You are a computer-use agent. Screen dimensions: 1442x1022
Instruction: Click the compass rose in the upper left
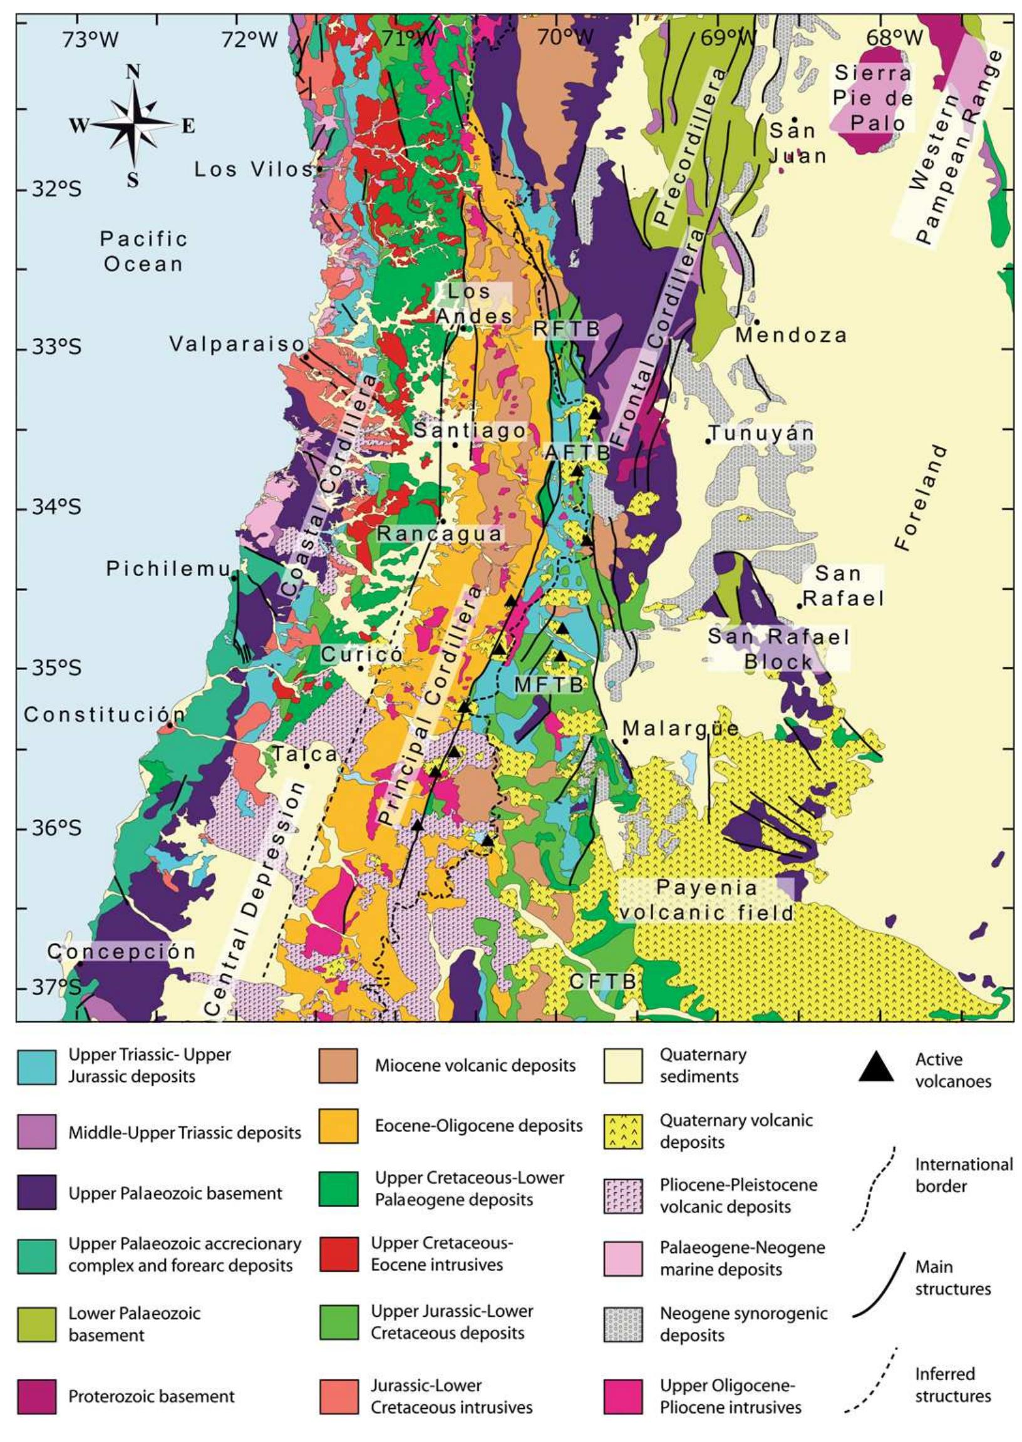pos(133,125)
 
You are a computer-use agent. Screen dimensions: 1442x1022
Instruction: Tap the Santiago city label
pos(470,430)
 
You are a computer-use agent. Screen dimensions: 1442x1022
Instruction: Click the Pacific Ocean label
pos(144,251)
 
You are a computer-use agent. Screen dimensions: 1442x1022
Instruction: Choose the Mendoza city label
pos(791,335)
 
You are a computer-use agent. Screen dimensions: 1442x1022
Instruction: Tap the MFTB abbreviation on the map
pos(549,684)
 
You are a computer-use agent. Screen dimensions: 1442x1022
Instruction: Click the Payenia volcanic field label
pos(708,900)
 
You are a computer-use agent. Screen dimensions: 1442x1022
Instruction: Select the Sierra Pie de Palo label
pos(873,97)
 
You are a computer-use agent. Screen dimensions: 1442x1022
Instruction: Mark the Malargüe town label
pos(681,729)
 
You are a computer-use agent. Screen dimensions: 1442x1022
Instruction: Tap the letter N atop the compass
pos(133,73)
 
